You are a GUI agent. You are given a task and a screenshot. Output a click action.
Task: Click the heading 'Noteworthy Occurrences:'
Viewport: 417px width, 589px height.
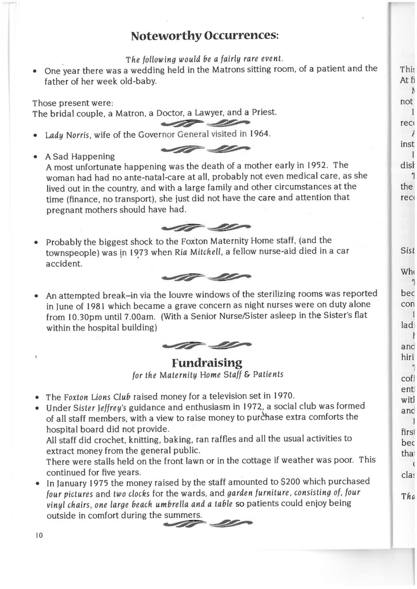[x=205, y=36]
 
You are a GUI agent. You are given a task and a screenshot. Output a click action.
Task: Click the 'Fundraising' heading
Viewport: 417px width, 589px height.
[x=206, y=362]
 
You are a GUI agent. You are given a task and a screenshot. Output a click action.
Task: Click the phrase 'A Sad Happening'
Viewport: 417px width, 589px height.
[x=80, y=156]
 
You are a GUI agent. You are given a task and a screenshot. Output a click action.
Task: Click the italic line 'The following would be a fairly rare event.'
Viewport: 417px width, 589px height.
[x=205, y=59]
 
